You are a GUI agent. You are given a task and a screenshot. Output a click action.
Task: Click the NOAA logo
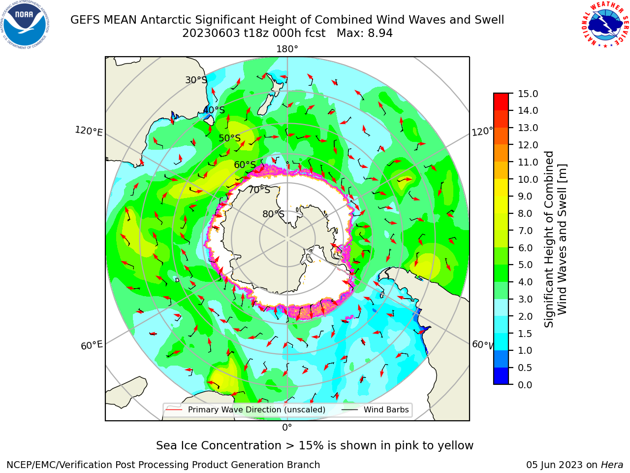pyautogui.click(x=25, y=25)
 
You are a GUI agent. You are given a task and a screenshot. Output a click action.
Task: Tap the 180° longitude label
pyautogui.click(x=287, y=49)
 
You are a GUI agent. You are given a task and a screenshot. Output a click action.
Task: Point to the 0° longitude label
pyautogui.click(x=287, y=428)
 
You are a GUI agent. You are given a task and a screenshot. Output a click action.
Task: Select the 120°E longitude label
pyautogui.click(x=89, y=131)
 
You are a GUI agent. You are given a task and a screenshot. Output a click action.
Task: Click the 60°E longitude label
pyautogui.click(x=92, y=345)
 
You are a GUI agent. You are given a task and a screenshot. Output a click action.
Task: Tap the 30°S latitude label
pyautogui.click(x=196, y=80)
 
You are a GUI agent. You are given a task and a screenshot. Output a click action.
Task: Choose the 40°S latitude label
pyautogui.click(x=214, y=110)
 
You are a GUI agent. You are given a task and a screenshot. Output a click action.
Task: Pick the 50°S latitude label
pyautogui.click(x=230, y=138)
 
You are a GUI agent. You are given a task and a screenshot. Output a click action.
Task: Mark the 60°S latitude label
pyautogui.click(x=245, y=165)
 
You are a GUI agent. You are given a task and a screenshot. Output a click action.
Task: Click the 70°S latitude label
pyautogui.click(x=259, y=190)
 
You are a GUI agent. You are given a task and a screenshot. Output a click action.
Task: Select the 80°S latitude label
pyautogui.click(x=273, y=214)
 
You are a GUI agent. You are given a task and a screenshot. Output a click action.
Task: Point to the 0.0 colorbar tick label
pyautogui.click(x=525, y=385)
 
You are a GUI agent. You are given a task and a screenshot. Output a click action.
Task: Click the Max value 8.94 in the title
pyautogui.click(x=380, y=33)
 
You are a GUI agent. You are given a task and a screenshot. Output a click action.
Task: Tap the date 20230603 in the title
pyautogui.click(x=211, y=33)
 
